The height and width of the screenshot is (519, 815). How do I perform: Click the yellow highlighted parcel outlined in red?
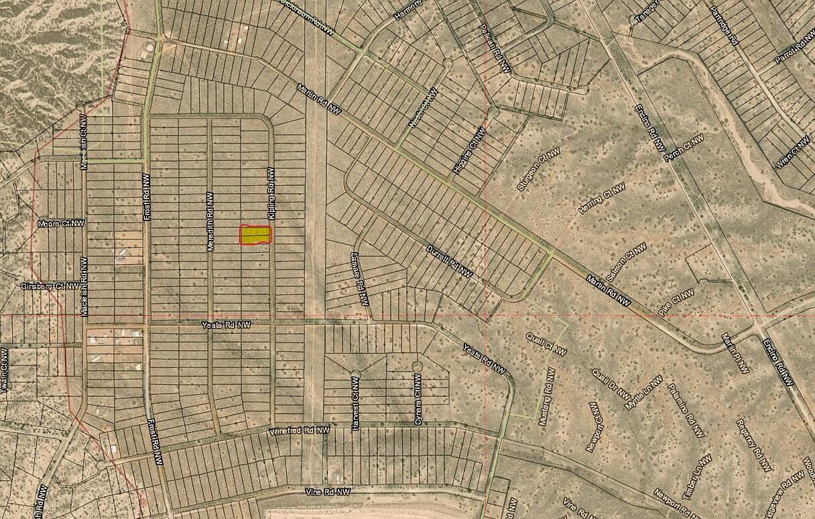[x=255, y=235]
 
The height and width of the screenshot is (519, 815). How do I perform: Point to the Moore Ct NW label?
[x=62, y=223]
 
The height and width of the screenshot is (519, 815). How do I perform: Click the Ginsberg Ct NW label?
[x=50, y=286]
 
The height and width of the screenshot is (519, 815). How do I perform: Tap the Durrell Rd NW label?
[x=450, y=262]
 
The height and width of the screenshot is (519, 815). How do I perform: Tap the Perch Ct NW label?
[x=684, y=148]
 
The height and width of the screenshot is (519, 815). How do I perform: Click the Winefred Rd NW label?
[x=300, y=431]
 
